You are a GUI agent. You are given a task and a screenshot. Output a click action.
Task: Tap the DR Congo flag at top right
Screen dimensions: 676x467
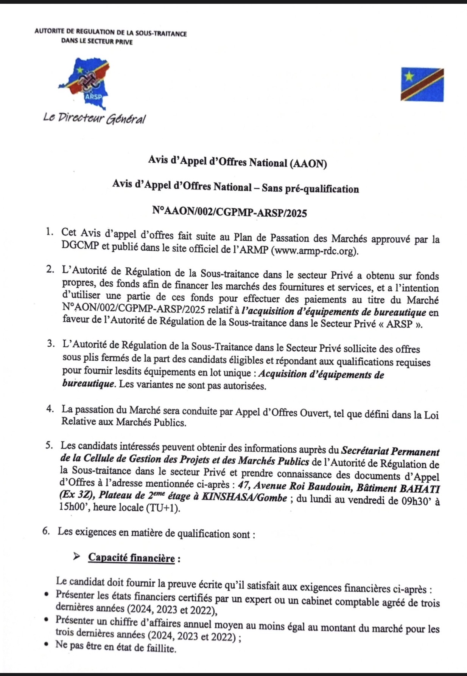click(422, 84)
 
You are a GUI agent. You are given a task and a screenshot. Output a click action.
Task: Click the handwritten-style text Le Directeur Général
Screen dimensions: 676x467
click(94, 118)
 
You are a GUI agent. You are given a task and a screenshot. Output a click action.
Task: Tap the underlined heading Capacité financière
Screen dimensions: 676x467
click(131, 558)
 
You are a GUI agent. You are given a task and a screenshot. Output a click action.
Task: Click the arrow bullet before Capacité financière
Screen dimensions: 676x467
click(76, 557)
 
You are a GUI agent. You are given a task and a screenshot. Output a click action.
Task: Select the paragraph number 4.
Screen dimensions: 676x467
click(50, 409)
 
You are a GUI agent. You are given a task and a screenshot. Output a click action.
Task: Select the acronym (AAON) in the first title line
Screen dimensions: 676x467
click(308, 164)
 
